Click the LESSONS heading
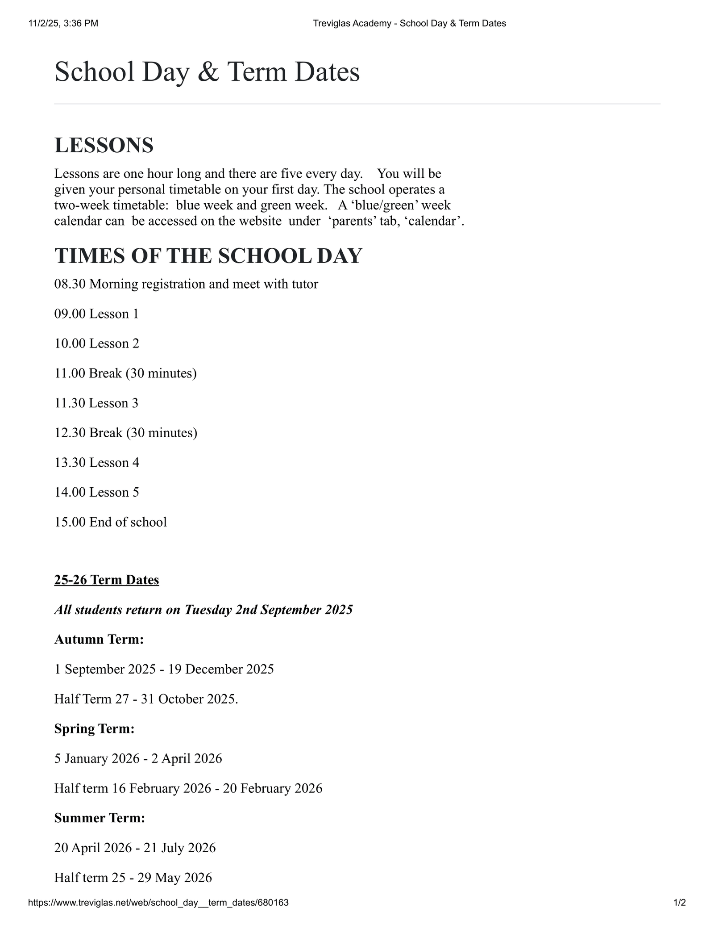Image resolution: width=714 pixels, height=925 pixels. pyautogui.click(x=104, y=146)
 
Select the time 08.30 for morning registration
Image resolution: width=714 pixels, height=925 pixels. pyautogui.click(x=70, y=284)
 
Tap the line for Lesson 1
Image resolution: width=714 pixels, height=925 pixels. pyautogui.click(x=96, y=314)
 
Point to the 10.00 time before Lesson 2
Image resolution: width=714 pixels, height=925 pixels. pyautogui.click(x=70, y=343)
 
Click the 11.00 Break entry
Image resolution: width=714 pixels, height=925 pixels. pyautogui.click(x=125, y=373)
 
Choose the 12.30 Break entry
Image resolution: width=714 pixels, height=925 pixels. pyautogui.click(x=125, y=433)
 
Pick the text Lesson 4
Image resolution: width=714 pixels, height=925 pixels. pyautogui.click(x=114, y=463)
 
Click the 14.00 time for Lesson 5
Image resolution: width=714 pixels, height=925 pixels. pyautogui.click(x=70, y=492)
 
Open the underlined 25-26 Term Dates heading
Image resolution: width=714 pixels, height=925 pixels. pyautogui.click(x=107, y=580)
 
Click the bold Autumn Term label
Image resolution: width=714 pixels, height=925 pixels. pyautogui.click(x=99, y=640)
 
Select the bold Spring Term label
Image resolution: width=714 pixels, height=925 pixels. pyautogui.click(x=94, y=729)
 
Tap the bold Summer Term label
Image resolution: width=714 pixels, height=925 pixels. pyautogui.click(x=100, y=818)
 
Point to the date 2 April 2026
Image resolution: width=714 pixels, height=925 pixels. pyautogui.click(x=187, y=758)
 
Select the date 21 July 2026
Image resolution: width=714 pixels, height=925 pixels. pyautogui.click(x=179, y=848)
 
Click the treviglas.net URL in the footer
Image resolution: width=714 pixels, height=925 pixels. pyautogui.click(x=158, y=903)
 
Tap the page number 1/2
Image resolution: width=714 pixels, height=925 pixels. pyautogui.click(x=679, y=903)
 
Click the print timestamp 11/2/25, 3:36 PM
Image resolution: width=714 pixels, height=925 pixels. pyautogui.click(x=63, y=24)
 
